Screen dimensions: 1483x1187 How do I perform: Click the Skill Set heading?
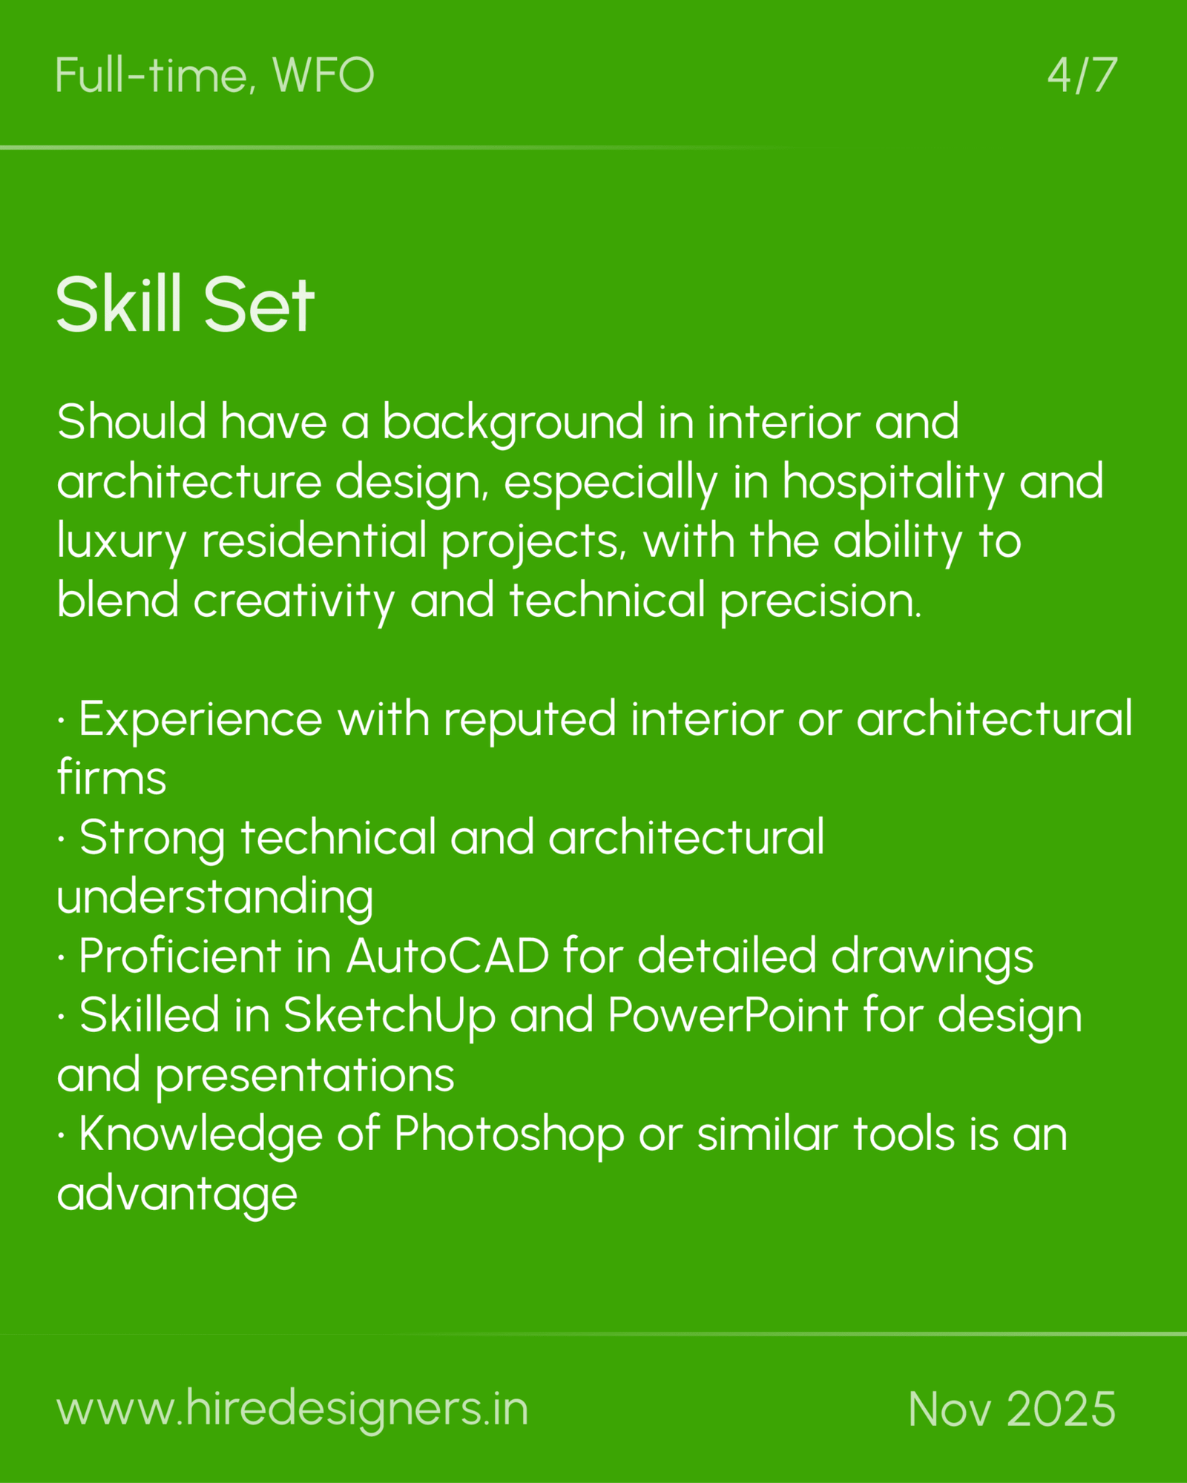point(185,305)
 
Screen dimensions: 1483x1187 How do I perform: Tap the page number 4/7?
point(1082,76)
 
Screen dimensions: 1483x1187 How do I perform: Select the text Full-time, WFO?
point(214,76)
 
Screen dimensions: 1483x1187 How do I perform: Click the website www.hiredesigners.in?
point(292,1408)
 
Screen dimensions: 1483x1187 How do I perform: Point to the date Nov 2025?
point(1012,1408)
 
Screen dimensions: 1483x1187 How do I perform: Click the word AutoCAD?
point(447,956)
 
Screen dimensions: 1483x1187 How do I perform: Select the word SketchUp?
point(389,1015)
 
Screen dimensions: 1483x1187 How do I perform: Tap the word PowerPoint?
point(727,1015)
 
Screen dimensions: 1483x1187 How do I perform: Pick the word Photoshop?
point(509,1135)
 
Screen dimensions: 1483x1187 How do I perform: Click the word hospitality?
point(893,482)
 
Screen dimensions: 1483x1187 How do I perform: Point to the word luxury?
point(121,542)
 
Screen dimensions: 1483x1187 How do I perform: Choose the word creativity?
point(294,601)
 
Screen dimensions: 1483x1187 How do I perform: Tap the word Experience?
point(200,720)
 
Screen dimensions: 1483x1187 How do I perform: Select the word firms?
point(112,778)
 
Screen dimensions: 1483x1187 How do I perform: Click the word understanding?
point(215,898)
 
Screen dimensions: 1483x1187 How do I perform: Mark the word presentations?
point(305,1076)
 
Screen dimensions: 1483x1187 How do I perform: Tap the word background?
point(513,423)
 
